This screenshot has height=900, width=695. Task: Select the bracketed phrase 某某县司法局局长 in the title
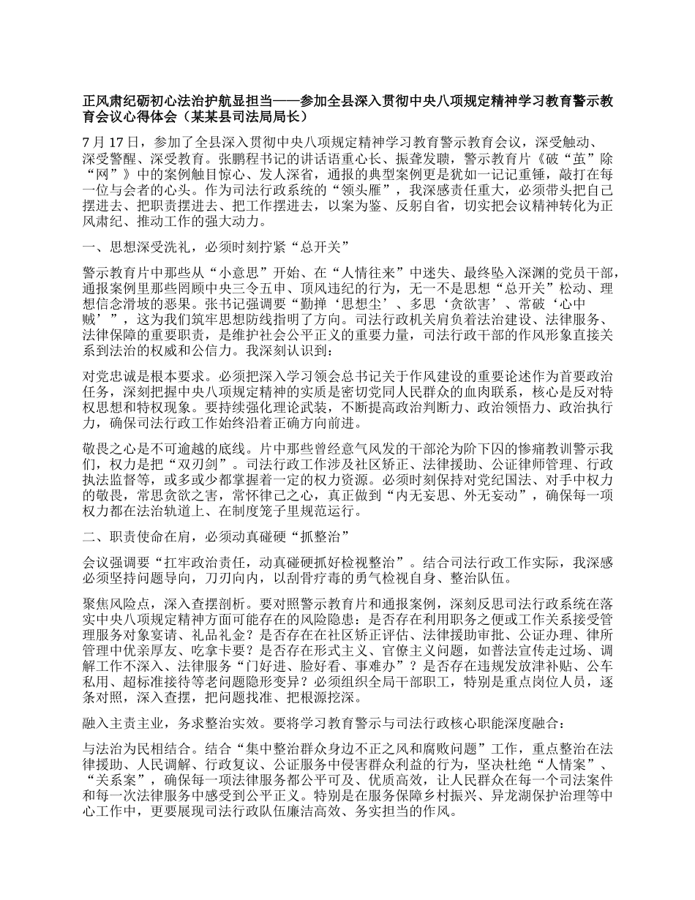(241, 116)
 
